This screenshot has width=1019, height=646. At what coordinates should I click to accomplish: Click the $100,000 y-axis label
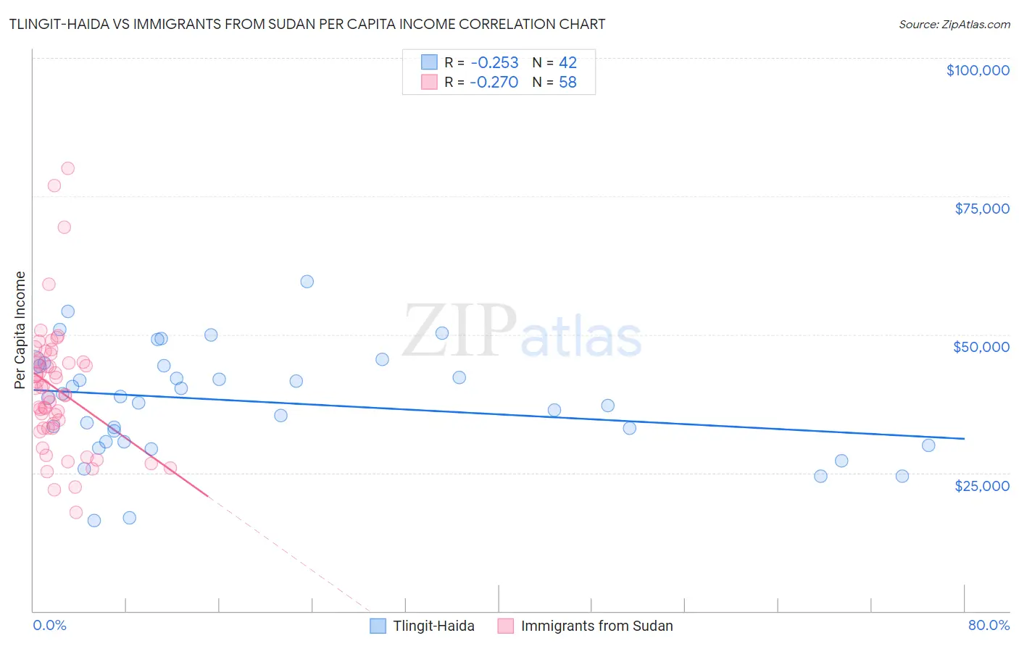click(x=978, y=70)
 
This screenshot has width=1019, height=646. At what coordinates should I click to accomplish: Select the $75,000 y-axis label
click(x=982, y=209)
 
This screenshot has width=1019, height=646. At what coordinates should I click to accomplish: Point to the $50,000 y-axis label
click(x=981, y=347)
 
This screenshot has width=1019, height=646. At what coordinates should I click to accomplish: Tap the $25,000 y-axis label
click(x=982, y=485)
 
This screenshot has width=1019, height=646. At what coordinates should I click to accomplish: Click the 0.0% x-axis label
click(x=49, y=625)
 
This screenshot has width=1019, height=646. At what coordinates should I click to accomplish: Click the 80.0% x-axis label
click(x=989, y=625)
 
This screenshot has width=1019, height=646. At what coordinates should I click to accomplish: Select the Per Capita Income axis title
click(x=20, y=330)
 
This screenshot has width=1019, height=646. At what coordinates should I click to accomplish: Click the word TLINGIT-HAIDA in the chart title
click(x=59, y=24)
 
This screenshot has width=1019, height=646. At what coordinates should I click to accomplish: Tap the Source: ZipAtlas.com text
click(x=954, y=24)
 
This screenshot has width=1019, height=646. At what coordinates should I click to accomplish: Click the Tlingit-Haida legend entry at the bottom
click(x=433, y=626)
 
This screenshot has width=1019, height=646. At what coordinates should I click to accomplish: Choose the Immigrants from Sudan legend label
click(x=596, y=626)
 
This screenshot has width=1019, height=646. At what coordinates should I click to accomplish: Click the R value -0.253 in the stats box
click(x=494, y=62)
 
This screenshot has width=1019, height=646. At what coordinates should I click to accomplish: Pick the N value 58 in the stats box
click(x=567, y=82)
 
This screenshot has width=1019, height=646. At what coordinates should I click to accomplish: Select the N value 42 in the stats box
click(x=567, y=62)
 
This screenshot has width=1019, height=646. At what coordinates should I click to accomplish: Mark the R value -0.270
click(x=494, y=82)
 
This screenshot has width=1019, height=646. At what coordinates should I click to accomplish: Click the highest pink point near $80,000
click(x=68, y=168)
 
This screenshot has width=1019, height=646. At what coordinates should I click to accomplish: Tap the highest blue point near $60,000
click(x=307, y=282)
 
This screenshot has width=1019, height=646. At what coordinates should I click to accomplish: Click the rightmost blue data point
click(x=928, y=445)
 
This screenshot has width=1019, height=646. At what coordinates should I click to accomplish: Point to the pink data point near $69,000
click(x=64, y=227)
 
